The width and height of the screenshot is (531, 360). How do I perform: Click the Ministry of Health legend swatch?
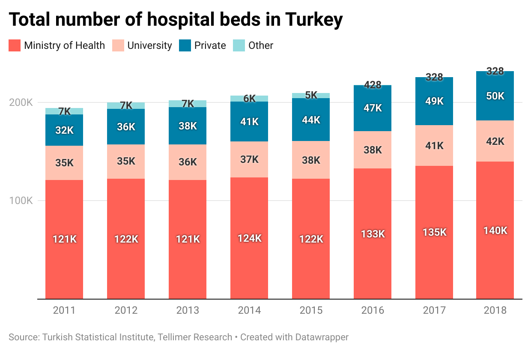(15, 45)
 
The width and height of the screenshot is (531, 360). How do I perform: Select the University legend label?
(149, 45)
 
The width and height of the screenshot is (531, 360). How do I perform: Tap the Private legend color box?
(185, 45)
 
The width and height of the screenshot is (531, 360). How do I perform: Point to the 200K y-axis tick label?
(21, 103)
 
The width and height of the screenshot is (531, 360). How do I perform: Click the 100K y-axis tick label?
(21, 201)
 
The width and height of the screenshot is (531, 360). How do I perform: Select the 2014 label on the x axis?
(249, 310)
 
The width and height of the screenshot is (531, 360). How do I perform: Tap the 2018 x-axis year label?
(495, 310)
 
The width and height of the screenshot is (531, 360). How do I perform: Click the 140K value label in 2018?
(495, 231)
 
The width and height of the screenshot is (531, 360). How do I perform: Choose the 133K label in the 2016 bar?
(373, 234)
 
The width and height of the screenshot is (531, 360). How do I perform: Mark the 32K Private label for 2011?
(64, 130)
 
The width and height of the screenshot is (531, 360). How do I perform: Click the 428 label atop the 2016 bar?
(373, 85)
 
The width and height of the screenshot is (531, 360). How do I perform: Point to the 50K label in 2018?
(495, 96)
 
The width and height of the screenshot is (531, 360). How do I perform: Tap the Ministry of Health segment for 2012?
(126, 257)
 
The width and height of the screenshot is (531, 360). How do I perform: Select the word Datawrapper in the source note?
(322, 337)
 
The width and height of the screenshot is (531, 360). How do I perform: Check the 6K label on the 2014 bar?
(249, 99)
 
